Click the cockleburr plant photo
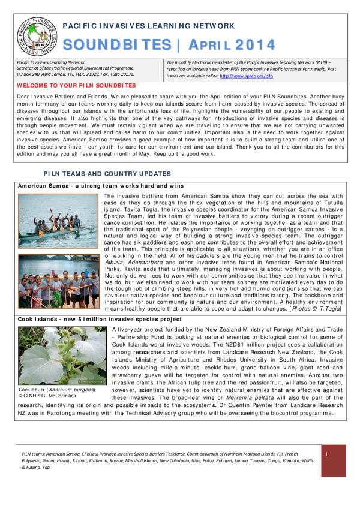[62, 356]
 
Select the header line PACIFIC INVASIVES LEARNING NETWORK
[149, 26]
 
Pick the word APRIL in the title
[211, 45]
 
